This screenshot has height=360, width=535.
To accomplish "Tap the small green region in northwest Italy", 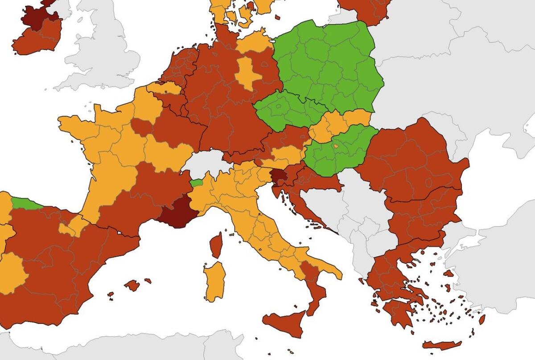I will (x=196, y=182).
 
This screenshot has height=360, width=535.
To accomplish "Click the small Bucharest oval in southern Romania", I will (x=429, y=183).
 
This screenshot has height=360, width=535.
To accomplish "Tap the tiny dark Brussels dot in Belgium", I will (x=166, y=92).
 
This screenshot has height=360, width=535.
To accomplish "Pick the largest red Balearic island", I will (x=132, y=285).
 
